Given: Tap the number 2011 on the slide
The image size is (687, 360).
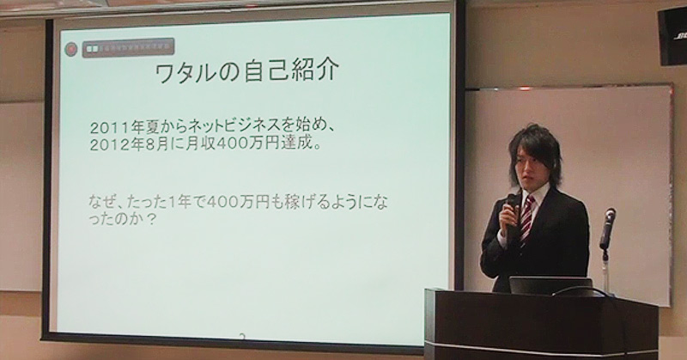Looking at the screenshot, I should pos(108,127).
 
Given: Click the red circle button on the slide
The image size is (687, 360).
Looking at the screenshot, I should pos(71,49).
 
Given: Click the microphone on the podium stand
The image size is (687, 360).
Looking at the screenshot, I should pos(608,225).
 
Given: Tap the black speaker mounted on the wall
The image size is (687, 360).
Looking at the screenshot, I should pos(672,35).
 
